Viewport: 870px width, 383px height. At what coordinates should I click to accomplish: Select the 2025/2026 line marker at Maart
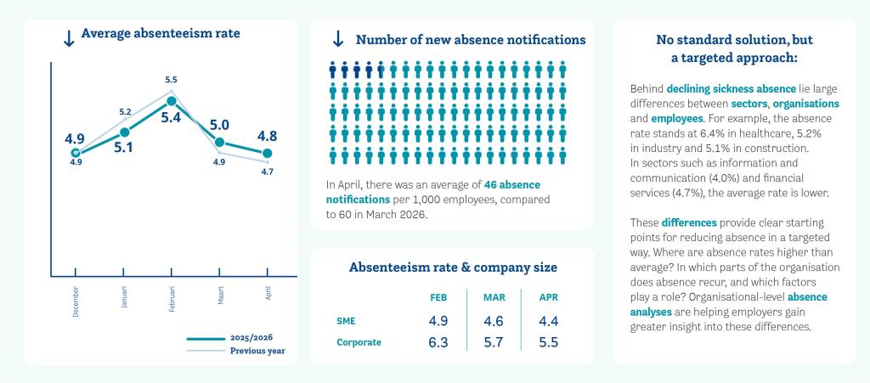point(220,143)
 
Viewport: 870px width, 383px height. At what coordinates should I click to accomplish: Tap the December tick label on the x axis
point(75,302)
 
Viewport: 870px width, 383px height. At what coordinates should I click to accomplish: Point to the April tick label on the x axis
point(268,294)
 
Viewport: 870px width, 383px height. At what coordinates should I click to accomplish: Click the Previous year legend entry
point(236,351)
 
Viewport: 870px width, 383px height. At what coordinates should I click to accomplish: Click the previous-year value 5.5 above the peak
point(172,80)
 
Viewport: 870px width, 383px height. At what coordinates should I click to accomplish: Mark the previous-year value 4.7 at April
point(267,172)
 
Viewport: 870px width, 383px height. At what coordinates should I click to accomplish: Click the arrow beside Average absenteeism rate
point(69,38)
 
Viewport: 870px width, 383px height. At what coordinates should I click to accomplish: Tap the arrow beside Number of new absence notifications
point(337,39)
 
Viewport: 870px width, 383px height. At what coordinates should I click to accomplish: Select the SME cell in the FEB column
point(438,321)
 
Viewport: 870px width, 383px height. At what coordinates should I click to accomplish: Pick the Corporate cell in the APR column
point(548,342)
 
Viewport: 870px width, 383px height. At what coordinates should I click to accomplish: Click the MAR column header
point(494,297)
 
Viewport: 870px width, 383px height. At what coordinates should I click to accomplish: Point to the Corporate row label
point(359,342)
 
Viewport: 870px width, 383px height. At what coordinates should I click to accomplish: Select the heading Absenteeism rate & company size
point(453,268)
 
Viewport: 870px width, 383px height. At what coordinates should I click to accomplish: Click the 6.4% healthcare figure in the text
point(716,133)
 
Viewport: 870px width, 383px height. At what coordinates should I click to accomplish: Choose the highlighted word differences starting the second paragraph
point(689,222)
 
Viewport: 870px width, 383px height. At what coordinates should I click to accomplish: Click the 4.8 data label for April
point(267,137)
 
